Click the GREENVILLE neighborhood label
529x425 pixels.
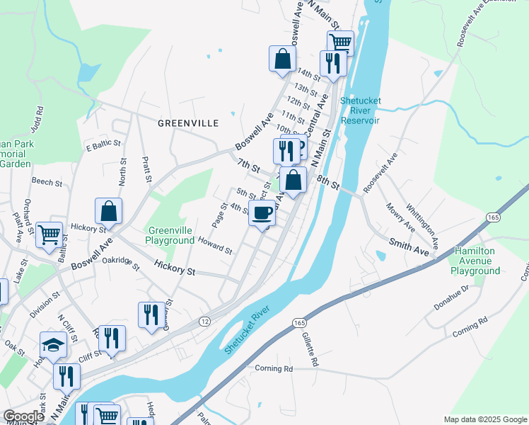[187, 123]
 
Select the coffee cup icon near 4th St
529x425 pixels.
[262, 212]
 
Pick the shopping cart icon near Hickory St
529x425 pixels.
[49, 234]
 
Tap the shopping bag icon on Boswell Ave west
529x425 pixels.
[108, 210]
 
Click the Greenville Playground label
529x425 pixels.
[170, 235]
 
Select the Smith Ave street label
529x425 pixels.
[409, 247]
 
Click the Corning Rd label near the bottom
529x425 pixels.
[273, 368]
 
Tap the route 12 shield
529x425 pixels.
[204, 322]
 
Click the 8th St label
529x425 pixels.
[329, 183]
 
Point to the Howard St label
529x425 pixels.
[214, 246]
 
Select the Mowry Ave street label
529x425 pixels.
[400, 217]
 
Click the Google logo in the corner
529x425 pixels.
[23, 416]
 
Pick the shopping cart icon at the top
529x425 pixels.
[340, 43]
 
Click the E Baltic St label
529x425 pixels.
[100, 147]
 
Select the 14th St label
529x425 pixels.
[309, 73]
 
